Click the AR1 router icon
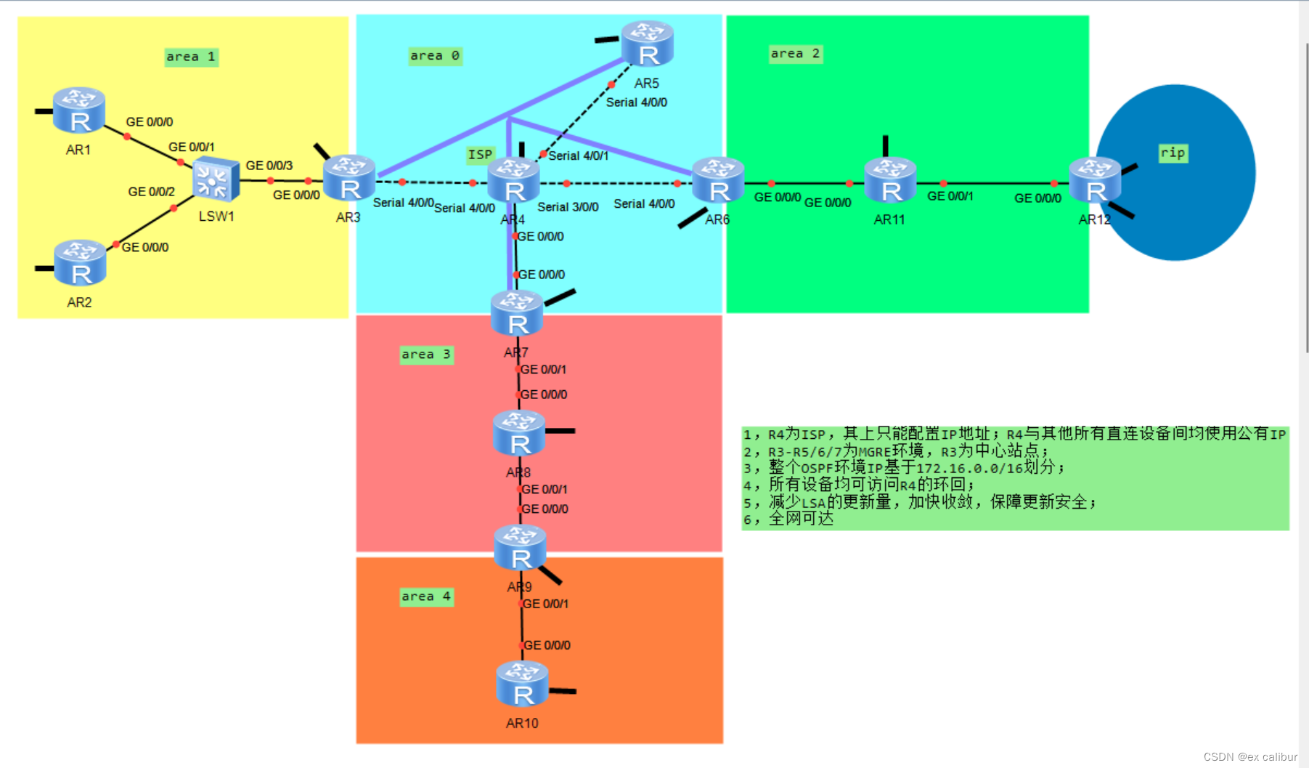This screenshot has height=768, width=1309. click(x=79, y=110)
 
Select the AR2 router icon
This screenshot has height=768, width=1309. click(x=80, y=263)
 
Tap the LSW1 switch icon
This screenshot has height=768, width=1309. click(x=216, y=179)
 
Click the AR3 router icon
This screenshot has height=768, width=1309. click(x=349, y=179)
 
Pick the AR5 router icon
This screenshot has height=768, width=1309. click(x=648, y=44)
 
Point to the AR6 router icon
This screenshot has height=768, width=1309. click(x=718, y=180)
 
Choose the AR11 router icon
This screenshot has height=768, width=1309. click(x=890, y=180)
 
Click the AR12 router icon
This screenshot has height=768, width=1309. click(x=1095, y=180)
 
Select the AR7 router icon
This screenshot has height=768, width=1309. click(x=517, y=313)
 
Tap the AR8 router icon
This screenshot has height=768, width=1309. click(x=519, y=433)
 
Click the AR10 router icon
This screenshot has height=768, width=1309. click(x=522, y=684)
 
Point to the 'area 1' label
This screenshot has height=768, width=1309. click(x=191, y=57)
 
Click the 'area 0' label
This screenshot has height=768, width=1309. click(x=435, y=56)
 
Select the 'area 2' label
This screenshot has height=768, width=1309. click(x=796, y=54)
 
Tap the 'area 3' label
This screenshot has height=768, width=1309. click(x=426, y=355)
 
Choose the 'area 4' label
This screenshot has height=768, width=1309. click(x=426, y=597)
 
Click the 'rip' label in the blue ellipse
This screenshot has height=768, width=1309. click(x=1173, y=153)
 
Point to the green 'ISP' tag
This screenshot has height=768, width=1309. click(x=480, y=155)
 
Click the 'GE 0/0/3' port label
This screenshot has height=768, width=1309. click(x=269, y=166)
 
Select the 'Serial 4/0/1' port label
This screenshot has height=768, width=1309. click(x=579, y=155)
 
